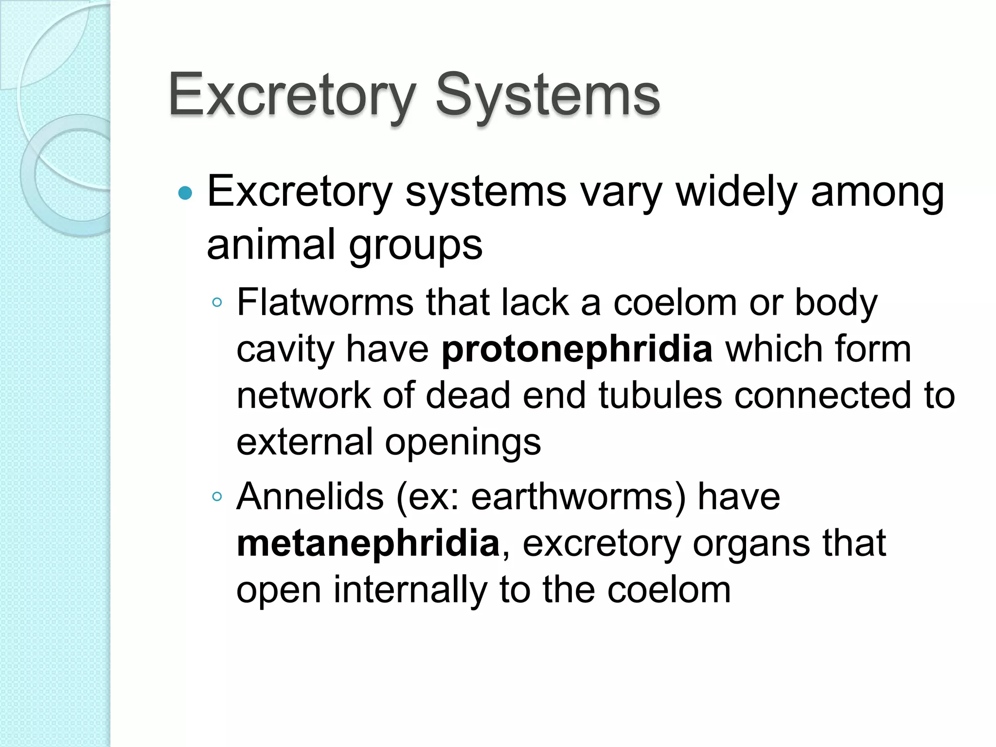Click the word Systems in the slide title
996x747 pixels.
tap(547, 95)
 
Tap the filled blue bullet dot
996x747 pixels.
tap(185, 194)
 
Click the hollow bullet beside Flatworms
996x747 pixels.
tap(217, 303)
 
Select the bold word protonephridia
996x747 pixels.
tap(577, 349)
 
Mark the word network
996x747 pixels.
tap(303, 395)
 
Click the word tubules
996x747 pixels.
tap(660, 395)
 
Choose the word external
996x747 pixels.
tap(304, 442)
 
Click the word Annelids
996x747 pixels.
tap(310, 497)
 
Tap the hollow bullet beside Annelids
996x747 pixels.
tap(217, 497)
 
